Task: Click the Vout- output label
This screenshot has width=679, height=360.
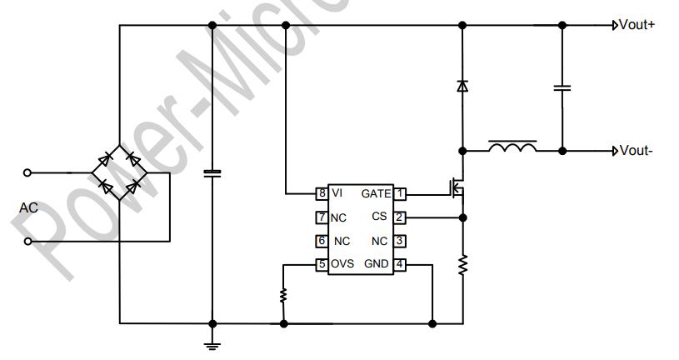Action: (635, 151)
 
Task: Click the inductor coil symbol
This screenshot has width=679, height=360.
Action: (512, 147)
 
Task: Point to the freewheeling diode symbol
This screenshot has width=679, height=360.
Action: (462, 85)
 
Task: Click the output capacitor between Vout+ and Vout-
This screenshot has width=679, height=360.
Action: (562, 87)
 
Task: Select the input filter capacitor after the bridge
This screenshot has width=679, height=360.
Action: (212, 173)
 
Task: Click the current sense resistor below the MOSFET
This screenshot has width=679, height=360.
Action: (462, 266)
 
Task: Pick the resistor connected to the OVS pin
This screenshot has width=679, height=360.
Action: (284, 295)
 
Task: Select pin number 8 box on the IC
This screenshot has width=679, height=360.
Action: (321, 193)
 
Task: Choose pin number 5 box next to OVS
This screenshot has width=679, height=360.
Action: (321, 264)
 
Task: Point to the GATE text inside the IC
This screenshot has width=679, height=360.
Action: (376, 193)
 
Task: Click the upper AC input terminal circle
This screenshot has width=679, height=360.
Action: (27, 172)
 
